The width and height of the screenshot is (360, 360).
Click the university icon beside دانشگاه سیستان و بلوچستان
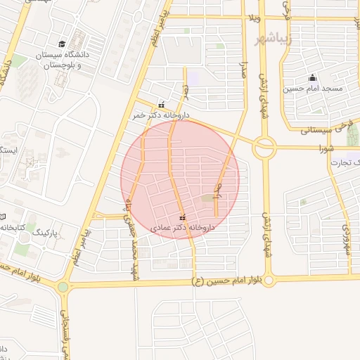tap(63, 44)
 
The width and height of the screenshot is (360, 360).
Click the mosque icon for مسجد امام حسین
tap(312, 77)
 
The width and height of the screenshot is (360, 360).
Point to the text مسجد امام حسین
tap(312, 89)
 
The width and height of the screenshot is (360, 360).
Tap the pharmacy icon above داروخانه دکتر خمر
tap(162, 105)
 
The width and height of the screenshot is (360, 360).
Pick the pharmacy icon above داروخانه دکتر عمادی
tap(183, 217)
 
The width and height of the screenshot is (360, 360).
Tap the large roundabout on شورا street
tap(265, 148)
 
